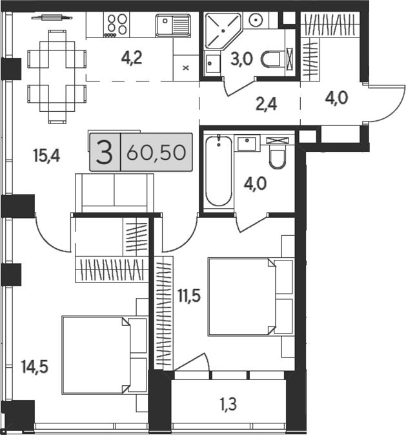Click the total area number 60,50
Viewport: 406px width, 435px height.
tap(156, 153)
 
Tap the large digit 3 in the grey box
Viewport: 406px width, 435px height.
tap(104, 153)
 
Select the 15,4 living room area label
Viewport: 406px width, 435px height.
tap(46, 155)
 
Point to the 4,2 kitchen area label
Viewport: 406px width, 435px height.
tap(132, 58)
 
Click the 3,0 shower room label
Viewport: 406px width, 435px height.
tap(241, 59)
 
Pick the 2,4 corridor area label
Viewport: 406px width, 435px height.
tap(266, 105)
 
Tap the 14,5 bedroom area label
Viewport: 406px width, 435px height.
tap(35, 366)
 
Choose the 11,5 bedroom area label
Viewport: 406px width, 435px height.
tap(189, 296)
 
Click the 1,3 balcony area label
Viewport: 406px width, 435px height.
tap(228, 404)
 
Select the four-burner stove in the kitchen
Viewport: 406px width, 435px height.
tap(117, 25)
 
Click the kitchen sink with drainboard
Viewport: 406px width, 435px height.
tap(173, 25)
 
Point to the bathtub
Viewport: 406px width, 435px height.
tap(219, 171)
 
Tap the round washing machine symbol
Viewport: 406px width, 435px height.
tap(256, 19)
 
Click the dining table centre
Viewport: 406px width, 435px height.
tap(57, 77)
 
